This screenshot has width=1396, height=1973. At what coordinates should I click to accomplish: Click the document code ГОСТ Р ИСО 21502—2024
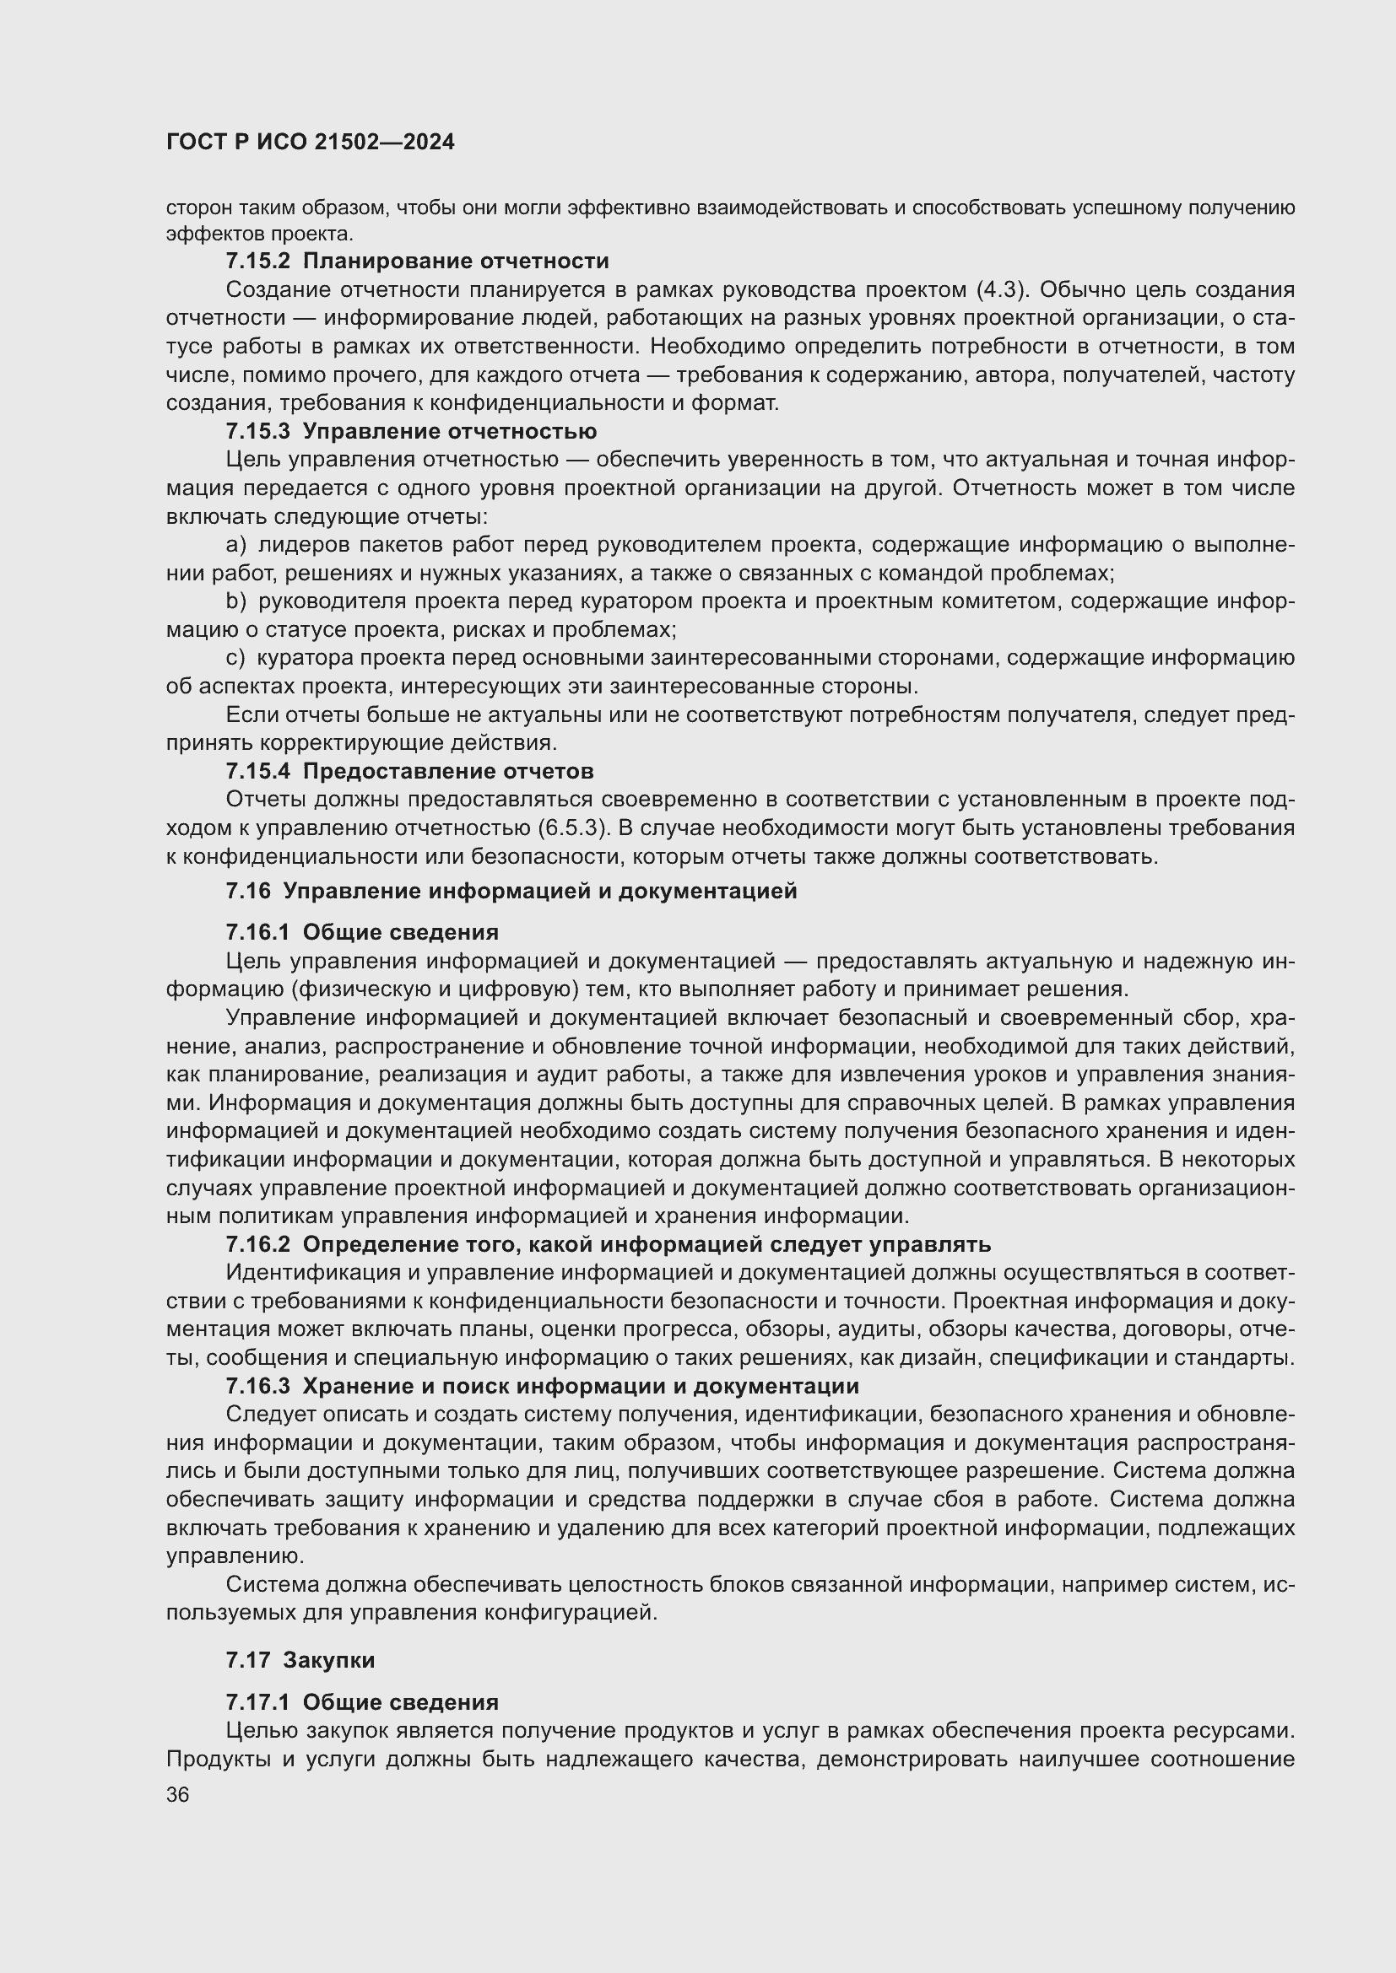310,143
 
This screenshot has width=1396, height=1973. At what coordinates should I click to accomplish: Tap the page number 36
177,1794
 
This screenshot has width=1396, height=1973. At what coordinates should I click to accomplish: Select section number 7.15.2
259,261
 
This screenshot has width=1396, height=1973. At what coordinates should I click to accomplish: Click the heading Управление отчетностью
450,430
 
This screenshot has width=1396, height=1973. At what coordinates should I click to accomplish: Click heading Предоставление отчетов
448,771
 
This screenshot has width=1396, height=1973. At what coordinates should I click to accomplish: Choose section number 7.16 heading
248,891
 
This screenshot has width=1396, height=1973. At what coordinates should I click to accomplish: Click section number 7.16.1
259,932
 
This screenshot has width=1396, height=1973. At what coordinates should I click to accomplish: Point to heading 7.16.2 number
259,1244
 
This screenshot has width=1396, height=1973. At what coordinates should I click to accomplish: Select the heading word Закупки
329,1659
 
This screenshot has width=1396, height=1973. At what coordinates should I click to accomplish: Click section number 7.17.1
259,1702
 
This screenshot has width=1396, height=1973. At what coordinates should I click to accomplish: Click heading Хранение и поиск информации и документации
580,1386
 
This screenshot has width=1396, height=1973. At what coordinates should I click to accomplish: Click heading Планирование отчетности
456,261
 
